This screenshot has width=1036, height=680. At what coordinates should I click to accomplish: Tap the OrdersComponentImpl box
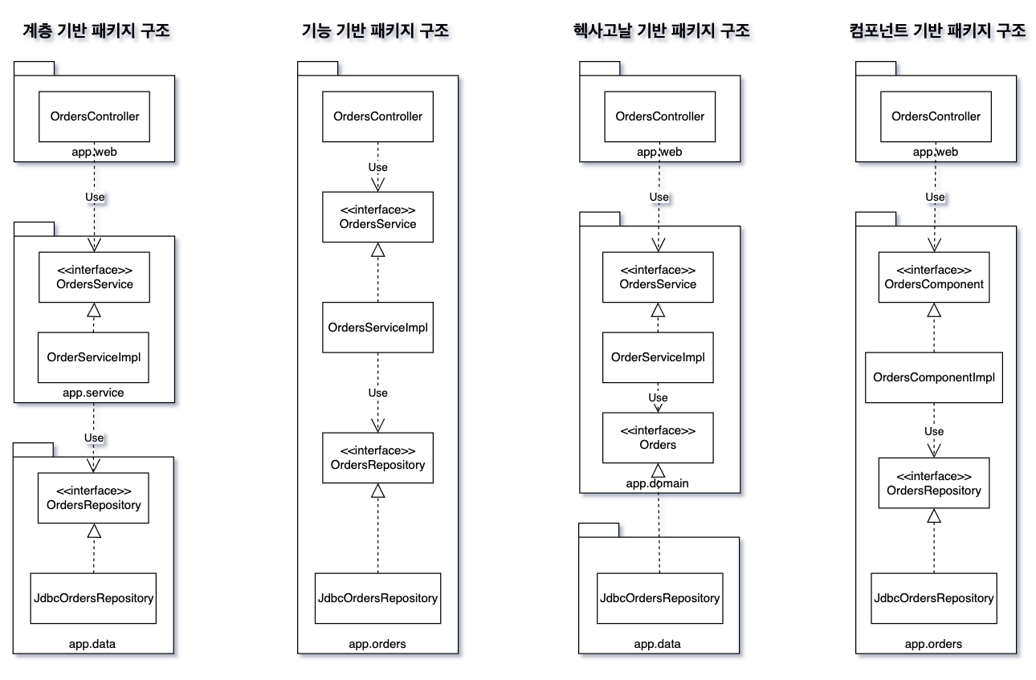[934, 377]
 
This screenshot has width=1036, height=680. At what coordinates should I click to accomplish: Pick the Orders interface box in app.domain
[658, 438]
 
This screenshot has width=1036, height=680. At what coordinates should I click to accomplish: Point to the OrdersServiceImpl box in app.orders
[377, 327]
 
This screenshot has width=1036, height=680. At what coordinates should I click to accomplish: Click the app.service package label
[93, 393]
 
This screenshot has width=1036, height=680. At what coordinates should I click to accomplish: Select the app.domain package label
[658, 483]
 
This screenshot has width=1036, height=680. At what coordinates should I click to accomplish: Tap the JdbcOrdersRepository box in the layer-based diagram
[94, 598]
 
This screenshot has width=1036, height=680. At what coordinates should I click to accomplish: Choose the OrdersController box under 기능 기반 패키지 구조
[377, 116]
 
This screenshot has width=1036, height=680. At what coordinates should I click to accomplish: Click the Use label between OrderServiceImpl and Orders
[658, 398]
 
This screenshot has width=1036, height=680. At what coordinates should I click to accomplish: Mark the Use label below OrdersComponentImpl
[934, 432]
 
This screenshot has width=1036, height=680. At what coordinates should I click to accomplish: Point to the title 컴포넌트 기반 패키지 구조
[937, 31]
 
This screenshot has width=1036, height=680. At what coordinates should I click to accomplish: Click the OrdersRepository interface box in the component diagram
[934, 483]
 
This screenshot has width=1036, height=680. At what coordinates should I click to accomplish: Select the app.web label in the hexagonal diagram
[659, 152]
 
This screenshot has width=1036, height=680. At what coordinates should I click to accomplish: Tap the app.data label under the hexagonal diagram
[658, 644]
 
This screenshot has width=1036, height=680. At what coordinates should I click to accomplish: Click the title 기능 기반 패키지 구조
[375, 31]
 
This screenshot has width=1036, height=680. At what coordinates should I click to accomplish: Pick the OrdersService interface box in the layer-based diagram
[95, 277]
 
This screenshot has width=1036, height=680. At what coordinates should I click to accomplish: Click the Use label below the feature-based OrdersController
[377, 168]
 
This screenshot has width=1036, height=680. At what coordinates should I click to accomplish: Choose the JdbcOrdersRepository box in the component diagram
[934, 598]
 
